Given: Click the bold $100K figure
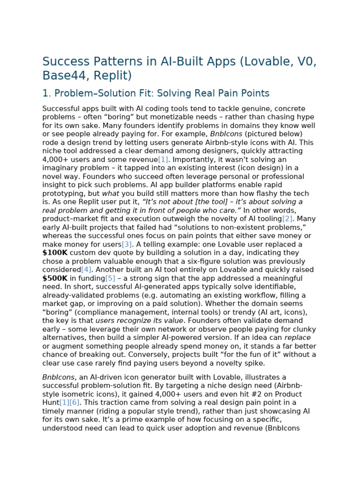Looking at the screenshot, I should click(x=55, y=253).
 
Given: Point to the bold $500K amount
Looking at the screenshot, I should click(x=55, y=278).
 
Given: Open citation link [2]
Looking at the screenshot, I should click(x=287, y=219).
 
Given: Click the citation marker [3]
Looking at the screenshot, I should click(x=127, y=244).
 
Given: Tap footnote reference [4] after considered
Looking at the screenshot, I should click(x=86, y=270).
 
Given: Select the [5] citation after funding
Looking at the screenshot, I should click(x=110, y=278).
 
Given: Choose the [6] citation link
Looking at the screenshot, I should click(x=75, y=402).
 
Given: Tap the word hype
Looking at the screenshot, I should click(x=304, y=117).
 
